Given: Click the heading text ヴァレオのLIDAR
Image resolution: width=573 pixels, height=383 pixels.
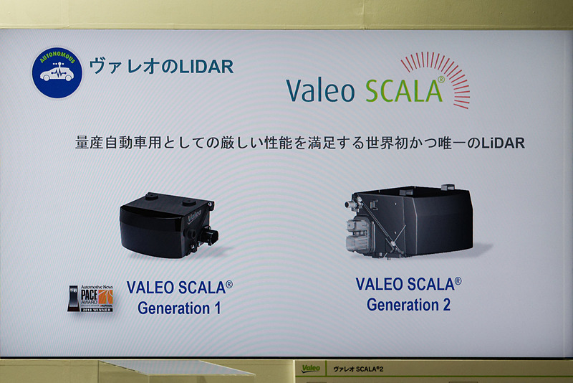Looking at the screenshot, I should [161, 67].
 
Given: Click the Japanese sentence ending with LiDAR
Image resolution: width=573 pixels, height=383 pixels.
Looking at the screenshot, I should [300, 143].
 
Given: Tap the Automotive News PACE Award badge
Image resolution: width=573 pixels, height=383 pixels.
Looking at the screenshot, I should [91, 298].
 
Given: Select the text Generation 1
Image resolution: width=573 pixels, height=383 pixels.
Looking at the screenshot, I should [179, 308].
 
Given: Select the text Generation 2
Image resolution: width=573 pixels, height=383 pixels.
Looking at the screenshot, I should [408, 304].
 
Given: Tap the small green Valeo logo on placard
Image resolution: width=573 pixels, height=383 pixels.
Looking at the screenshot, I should [311, 369].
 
